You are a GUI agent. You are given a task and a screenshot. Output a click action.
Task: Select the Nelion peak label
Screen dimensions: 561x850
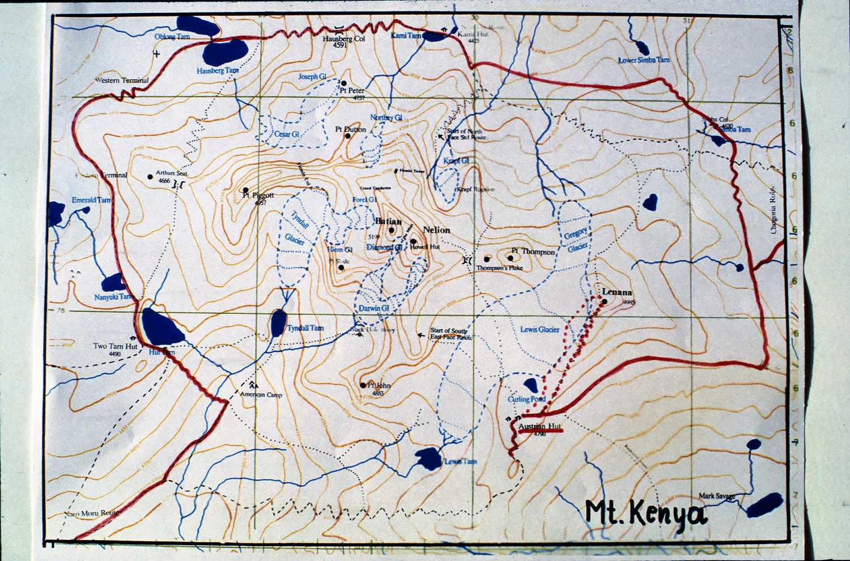pyautogui.click(x=436, y=229)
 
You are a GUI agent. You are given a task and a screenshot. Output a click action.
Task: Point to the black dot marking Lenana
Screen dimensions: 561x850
pyautogui.click(x=605, y=301)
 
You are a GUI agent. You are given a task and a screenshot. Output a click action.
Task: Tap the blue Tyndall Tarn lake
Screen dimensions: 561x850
pyautogui.click(x=278, y=322)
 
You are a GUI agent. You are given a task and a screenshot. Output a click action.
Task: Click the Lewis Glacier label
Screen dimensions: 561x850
pyautogui.click(x=539, y=329)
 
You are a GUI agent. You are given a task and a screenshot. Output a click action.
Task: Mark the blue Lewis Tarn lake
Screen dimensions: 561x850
pyautogui.click(x=428, y=458)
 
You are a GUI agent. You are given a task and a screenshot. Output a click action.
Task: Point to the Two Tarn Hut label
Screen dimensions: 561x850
pyautogui.click(x=116, y=346)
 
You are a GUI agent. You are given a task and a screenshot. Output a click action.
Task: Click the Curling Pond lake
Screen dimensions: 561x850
pyautogui.click(x=531, y=385)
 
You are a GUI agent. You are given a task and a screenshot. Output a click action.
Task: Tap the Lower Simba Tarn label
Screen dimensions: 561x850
pyautogui.click(x=644, y=60)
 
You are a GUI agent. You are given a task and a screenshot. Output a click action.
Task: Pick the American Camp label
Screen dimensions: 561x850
pyautogui.click(x=261, y=395)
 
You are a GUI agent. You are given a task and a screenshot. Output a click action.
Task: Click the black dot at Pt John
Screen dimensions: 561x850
pyautogui.click(x=363, y=385)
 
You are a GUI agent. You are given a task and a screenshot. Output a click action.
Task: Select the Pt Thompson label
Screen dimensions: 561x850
pyautogui.click(x=533, y=252)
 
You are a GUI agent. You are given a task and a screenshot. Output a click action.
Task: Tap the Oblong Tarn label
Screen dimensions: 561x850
pyautogui.click(x=172, y=37)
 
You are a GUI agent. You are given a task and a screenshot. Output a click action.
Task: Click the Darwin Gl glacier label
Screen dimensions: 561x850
pyautogui.click(x=373, y=308)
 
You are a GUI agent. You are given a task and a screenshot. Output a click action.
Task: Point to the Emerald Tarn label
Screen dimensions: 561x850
pyautogui.click(x=91, y=200)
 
